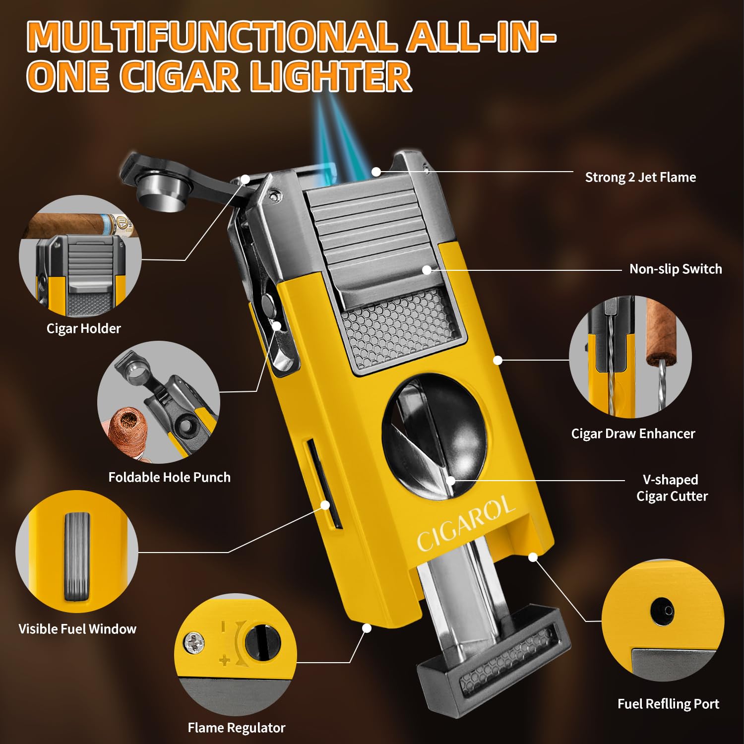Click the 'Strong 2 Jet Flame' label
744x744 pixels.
click(640, 178)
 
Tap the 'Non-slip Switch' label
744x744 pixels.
click(676, 269)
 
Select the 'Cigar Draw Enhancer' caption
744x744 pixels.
click(633, 434)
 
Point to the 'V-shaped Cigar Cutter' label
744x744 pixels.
click(672, 488)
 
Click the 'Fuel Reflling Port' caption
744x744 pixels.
click(668, 704)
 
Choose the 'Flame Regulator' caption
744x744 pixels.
click(236, 728)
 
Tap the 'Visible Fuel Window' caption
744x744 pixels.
click(77, 629)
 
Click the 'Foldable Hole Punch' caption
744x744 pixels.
click(170, 477)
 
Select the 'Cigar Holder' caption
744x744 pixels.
click(84, 328)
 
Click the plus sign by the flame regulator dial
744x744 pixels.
click(225, 660)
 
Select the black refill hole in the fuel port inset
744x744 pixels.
click(663, 610)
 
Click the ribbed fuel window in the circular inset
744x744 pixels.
click(77, 556)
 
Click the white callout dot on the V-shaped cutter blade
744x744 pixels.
click(450, 480)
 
